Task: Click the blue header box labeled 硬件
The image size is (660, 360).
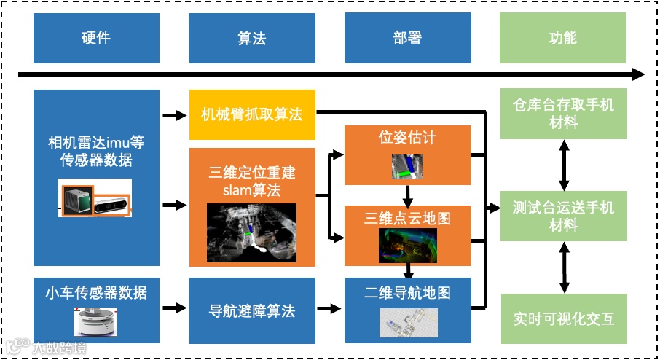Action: coord(96,38)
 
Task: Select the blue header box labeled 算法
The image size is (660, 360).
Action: coord(251,38)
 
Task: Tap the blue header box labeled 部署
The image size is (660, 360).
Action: coord(406,38)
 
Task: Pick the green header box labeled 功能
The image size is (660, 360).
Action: coord(562,38)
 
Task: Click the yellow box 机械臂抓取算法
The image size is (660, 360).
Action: coord(252,114)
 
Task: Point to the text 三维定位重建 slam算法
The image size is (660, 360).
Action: coord(252,181)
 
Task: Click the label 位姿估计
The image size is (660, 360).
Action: coord(407,137)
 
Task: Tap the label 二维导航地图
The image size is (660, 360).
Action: coord(407,292)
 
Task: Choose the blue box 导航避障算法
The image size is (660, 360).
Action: coord(252,310)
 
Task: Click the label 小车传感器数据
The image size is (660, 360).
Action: coord(96,292)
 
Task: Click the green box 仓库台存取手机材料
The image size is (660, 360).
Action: coord(563,114)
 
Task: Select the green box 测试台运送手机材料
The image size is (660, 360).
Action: coord(563,216)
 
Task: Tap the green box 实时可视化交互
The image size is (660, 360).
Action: coord(563,318)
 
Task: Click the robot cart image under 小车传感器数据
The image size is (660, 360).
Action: coord(96,321)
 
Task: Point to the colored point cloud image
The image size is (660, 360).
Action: coord(407,245)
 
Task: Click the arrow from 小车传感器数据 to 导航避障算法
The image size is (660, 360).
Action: coord(174,309)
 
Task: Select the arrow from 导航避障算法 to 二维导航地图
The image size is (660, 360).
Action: coord(329,309)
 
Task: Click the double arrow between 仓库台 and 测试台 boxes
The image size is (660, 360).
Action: coord(563,165)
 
